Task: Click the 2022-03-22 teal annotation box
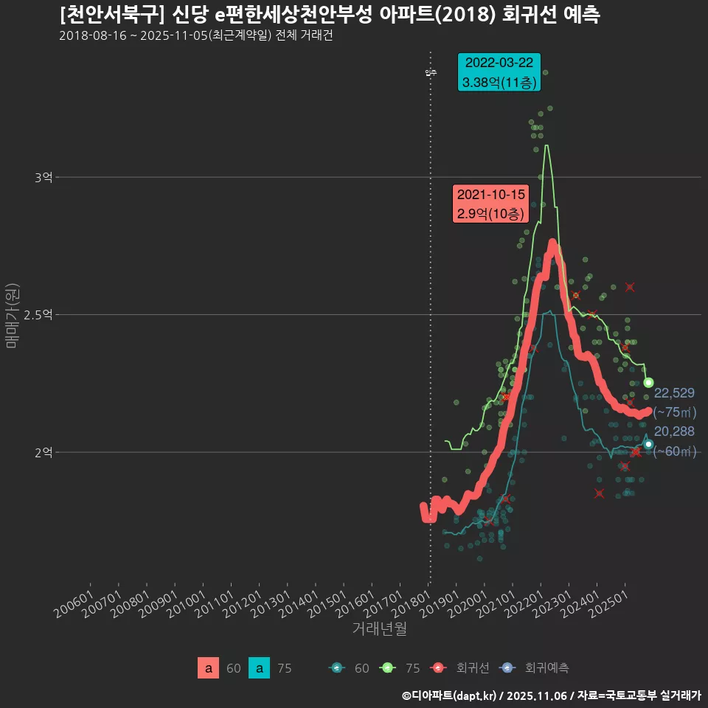[499, 72]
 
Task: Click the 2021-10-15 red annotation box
[490, 204]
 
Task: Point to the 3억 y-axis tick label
[44, 178]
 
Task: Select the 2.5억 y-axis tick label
[38, 315]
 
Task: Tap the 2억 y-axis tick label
[44, 452]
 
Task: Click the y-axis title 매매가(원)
[12, 315]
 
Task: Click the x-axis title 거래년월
[379, 628]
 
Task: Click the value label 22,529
[674, 393]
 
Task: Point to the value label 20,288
[674, 431]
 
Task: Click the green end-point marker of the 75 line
[649, 382]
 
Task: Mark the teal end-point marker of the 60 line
[648, 444]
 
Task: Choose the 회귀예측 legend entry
[534, 668]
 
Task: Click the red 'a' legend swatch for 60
[209, 668]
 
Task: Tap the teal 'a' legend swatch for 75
[259, 668]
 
